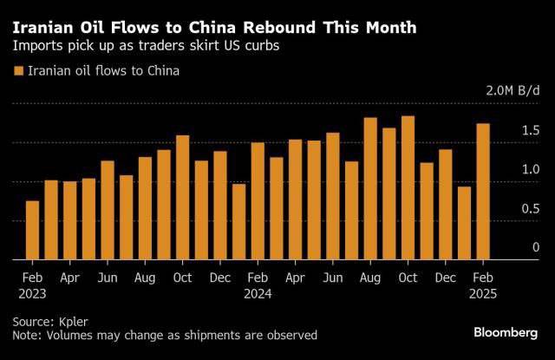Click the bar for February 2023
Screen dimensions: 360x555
tap(32, 230)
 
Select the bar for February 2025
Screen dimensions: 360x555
tap(483, 192)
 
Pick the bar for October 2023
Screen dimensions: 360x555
tap(182, 198)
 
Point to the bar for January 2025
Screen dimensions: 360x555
tap(464, 223)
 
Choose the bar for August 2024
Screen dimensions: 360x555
tap(370, 188)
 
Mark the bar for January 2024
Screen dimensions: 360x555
tap(238, 221)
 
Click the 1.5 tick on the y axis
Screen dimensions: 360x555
tap(506, 131)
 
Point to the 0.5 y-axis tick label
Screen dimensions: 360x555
tap(506, 208)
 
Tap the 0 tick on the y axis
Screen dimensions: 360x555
tap(512, 247)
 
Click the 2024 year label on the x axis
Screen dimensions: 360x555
tap(258, 294)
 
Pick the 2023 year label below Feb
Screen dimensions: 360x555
tap(32, 294)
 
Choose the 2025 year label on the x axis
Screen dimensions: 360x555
tap(483, 294)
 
